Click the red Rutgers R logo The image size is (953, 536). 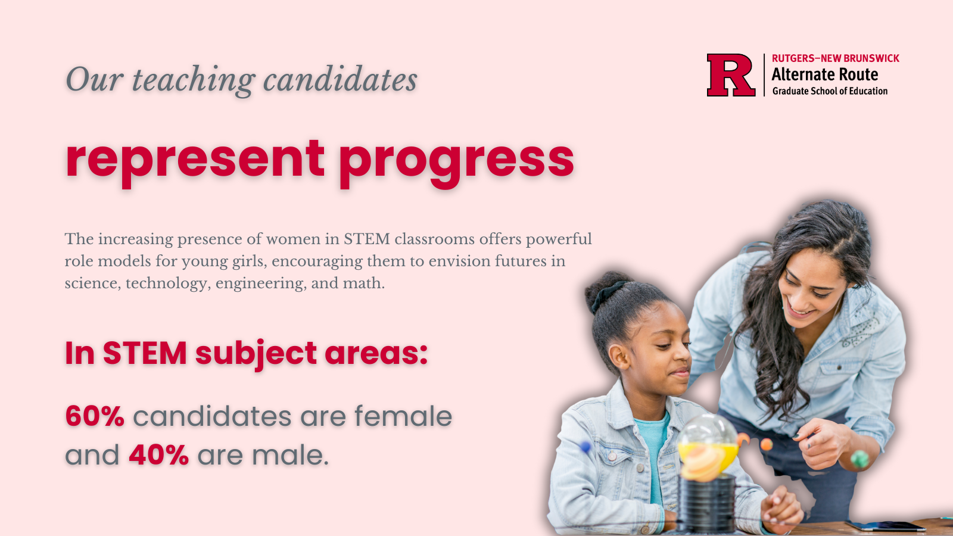coord(731,75)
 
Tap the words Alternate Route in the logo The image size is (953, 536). coord(824,74)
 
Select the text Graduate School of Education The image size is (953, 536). coord(830,91)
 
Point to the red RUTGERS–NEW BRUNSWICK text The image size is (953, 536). coord(836,58)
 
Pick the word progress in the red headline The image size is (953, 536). coord(456,161)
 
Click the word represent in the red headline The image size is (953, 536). coord(195,160)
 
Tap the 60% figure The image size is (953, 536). coord(95,416)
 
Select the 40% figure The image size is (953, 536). coord(158,455)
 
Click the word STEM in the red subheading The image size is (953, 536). coord(145,353)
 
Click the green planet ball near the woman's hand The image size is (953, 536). coord(859,459)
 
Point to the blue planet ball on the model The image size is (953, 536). coord(585,447)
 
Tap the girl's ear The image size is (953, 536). coord(618,357)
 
